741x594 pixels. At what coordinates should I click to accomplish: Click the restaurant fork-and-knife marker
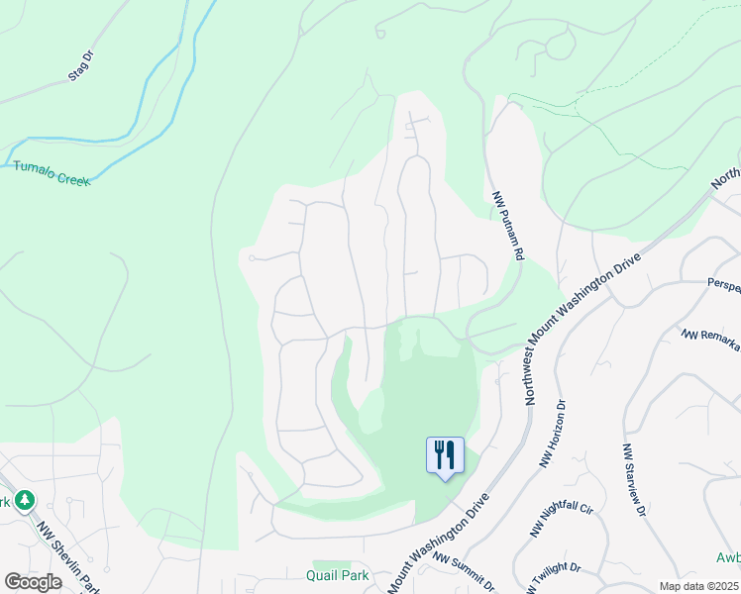[x=445, y=455]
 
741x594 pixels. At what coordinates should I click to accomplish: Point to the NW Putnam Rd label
[x=507, y=227]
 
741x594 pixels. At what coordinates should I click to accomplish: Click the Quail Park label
[x=339, y=574]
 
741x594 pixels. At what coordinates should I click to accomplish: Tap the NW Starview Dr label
[x=634, y=480]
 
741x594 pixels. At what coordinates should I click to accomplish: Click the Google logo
[x=33, y=581]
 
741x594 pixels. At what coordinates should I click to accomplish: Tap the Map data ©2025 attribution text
[x=698, y=586]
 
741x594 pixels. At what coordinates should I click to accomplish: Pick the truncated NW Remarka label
[x=711, y=338]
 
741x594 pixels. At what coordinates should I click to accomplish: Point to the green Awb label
[x=728, y=557]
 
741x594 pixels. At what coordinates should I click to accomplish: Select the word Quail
[x=324, y=574]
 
